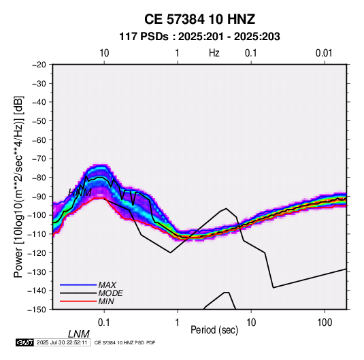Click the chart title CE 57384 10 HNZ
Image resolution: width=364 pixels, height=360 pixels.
[199, 19]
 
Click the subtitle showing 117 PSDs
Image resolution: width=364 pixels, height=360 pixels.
[199, 37]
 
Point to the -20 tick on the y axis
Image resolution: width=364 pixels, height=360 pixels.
[39, 65]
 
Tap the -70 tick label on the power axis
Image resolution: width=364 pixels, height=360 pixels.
[39, 159]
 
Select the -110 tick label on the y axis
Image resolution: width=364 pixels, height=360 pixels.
[37, 234]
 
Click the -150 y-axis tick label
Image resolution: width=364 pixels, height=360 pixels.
[37, 310]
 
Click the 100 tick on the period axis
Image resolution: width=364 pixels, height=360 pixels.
[325, 323]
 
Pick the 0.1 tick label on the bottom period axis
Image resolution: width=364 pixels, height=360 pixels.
[104, 323]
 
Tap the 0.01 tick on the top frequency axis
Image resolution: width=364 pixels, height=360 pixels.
[324, 53]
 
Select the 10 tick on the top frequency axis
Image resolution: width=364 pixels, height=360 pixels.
[104, 53]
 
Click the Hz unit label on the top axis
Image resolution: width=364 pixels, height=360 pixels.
[214, 53]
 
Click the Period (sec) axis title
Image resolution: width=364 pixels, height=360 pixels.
[214, 330]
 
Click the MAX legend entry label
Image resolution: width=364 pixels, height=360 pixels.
[107, 285]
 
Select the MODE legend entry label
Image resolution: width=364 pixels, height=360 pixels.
[110, 293]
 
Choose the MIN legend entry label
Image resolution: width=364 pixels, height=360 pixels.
[106, 301]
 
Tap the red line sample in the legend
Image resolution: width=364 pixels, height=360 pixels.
[78, 301]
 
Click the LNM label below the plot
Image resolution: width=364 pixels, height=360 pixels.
[79, 334]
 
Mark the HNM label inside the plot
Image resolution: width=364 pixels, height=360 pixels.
[80, 193]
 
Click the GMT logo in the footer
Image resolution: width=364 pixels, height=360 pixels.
[24, 342]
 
